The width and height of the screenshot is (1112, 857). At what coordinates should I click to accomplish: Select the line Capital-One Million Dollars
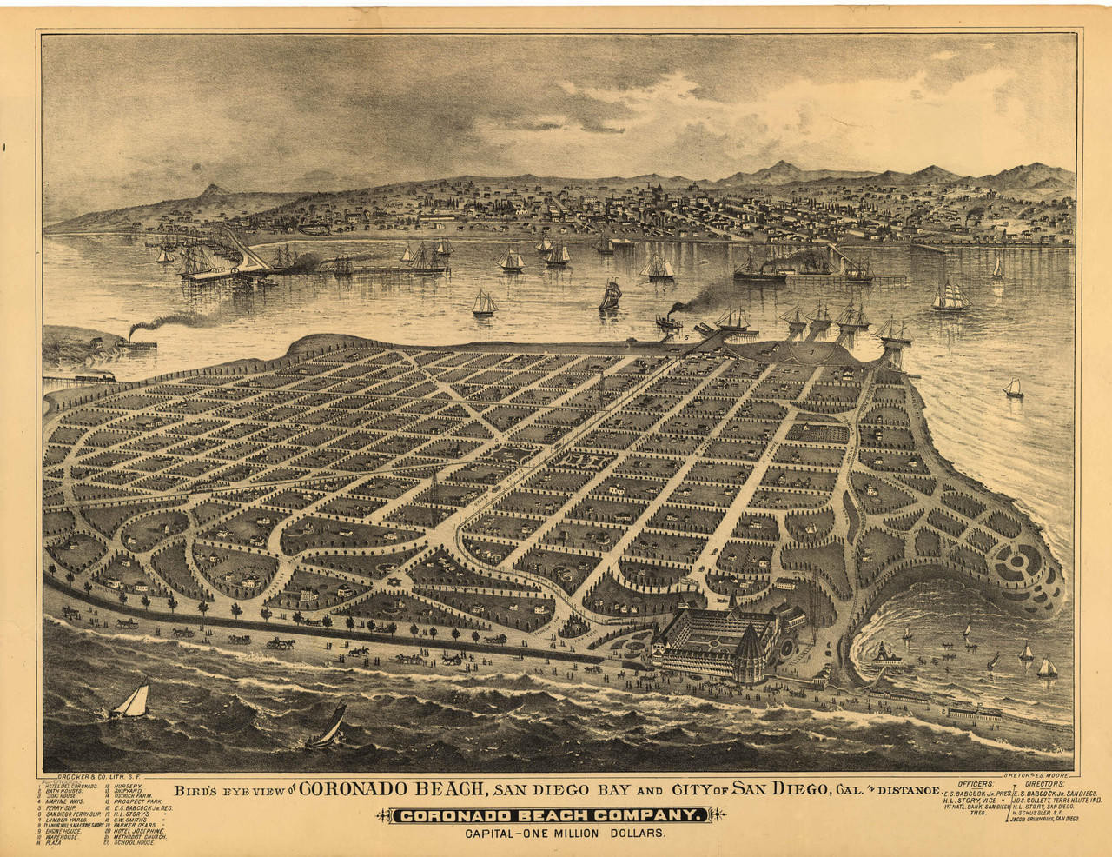(548, 833)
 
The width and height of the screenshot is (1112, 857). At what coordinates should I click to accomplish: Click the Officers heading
(974, 784)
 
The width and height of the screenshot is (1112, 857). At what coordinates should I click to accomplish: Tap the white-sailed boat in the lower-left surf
(131, 701)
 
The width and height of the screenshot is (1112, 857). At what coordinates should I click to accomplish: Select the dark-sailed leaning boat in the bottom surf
(329, 728)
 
